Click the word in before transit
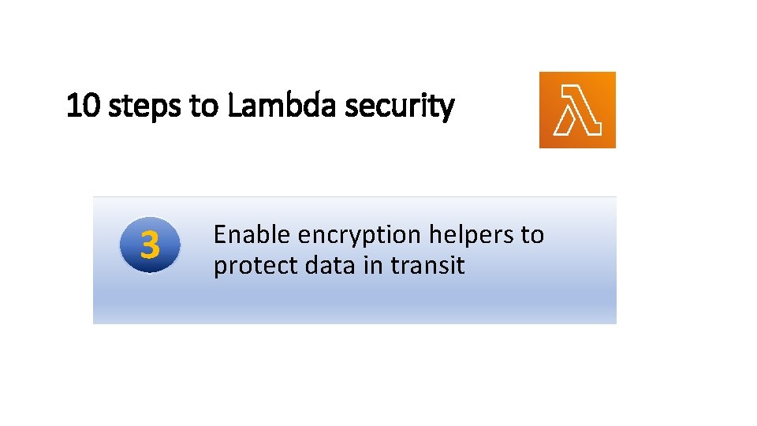click(x=373, y=266)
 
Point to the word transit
click(x=427, y=266)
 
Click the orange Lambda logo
click(x=577, y=110)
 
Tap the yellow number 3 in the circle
click(x=150, y=246)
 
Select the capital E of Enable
click(x=220, y=234)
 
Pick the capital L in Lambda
click(x=233, y=106)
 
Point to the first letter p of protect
click(x=220, y=268)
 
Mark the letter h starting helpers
click(x=434, y=234)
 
